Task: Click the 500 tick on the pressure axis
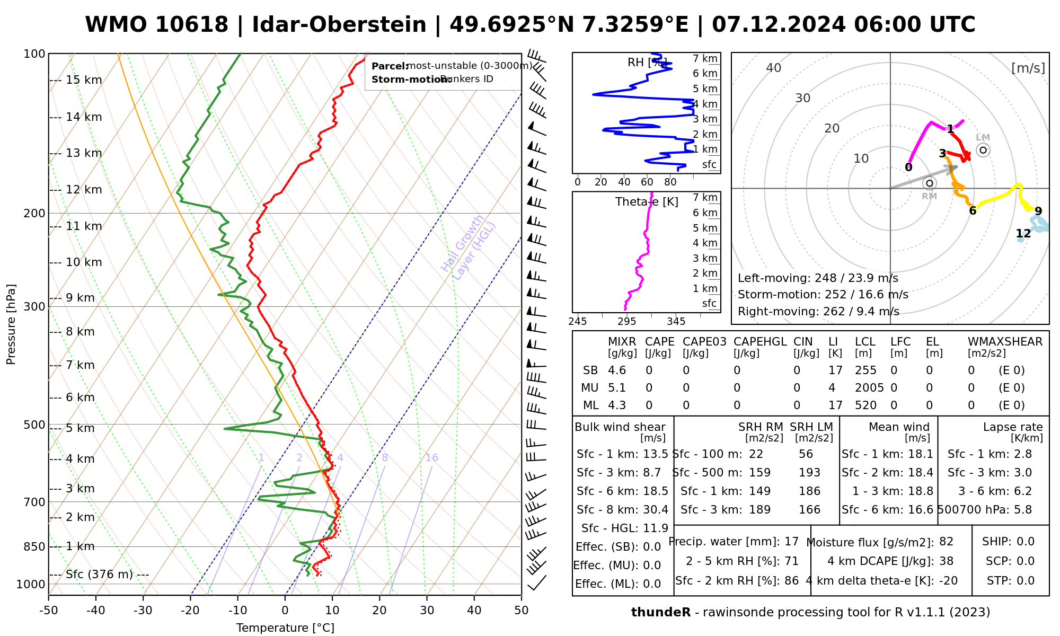click(34, 425)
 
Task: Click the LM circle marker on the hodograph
click(983, 150)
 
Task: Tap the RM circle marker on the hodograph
click(929, 183)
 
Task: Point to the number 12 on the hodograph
click(1023, 234)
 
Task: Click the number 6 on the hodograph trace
click(973, 211)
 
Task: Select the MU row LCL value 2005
click(869, 388)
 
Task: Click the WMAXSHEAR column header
click(1005, 342)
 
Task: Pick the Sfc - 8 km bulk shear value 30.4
click(656, 510)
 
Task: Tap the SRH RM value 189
click(759, 510)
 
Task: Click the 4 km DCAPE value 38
click(946, 561)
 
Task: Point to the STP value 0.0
click(1026, 581)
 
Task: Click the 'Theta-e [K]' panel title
click(647, 202)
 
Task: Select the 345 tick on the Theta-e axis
click(676, 322)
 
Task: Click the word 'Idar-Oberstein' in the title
click(339, 25)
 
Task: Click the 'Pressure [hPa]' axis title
click(11, 324)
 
